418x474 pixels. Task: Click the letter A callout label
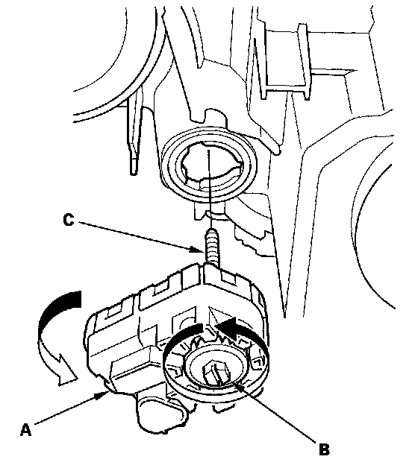25,429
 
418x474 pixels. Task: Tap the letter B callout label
324,449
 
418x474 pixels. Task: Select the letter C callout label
69,220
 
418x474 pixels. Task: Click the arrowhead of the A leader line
104,394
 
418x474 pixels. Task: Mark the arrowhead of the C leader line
197,250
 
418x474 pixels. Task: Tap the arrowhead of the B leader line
238,386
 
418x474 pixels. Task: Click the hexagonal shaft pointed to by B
216,373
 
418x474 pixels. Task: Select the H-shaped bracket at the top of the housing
286,61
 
